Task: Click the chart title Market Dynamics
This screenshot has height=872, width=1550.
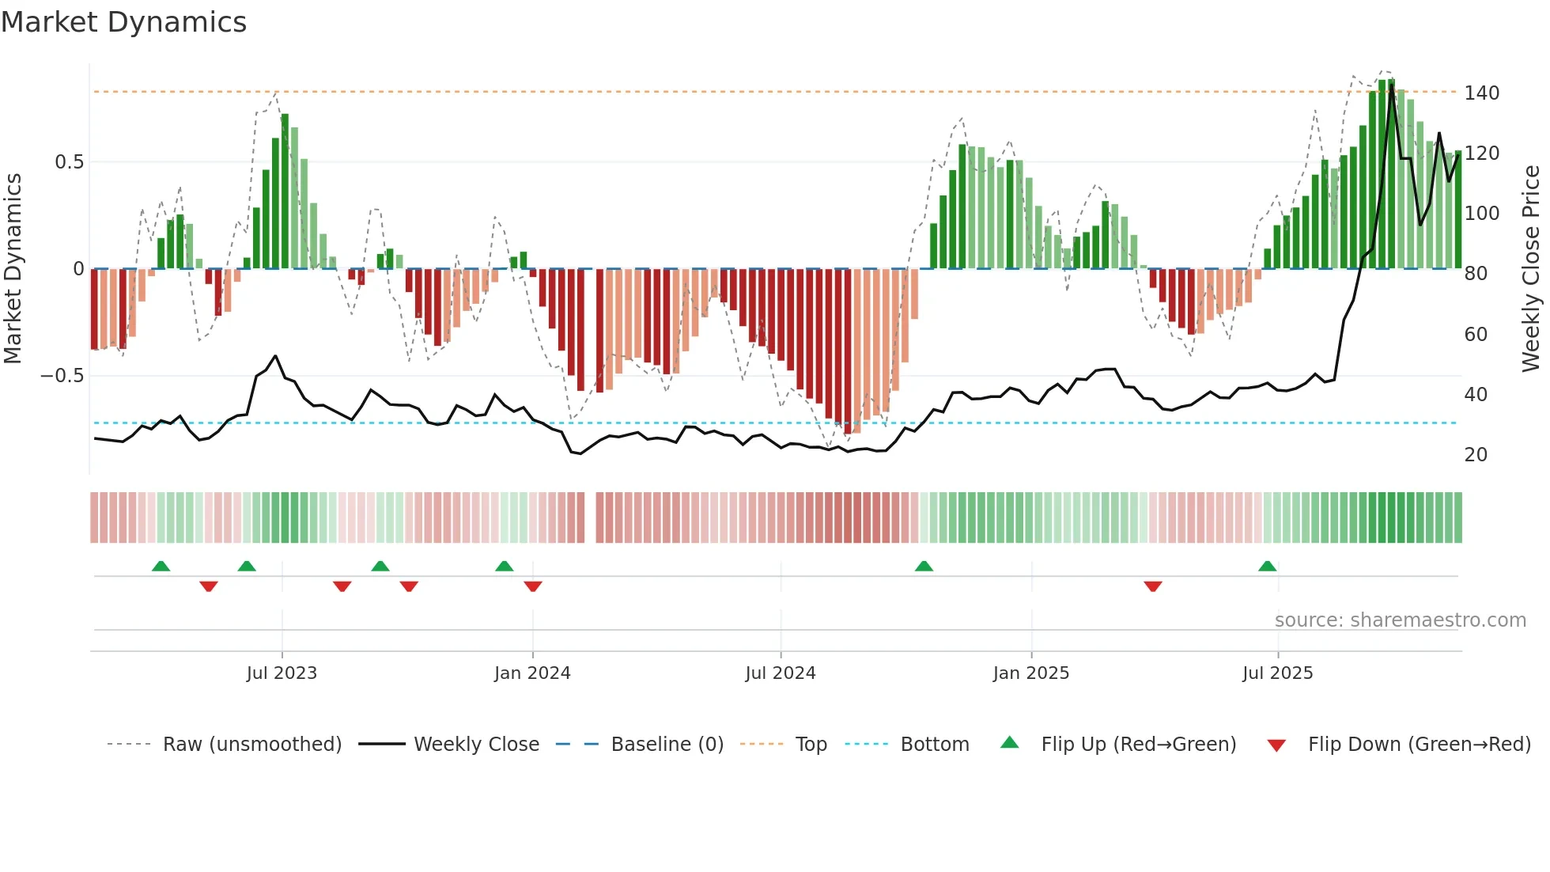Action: pyautogui.click(x=124, y=22)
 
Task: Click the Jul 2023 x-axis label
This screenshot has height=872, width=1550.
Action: pyautogui.click(x=282, y=673)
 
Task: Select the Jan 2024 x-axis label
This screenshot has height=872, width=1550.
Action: pyautogui.click(x=532, y=673)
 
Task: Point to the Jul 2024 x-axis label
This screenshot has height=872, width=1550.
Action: pyautogui.click(x=781, y=673)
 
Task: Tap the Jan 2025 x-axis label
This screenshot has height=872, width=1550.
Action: pyautogui.click(x=1031, y=673)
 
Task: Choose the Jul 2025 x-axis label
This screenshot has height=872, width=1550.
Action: pyautogui.click(x=1278, y=673)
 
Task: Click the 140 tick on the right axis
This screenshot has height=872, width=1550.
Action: pyautogui.click(x=1481, y=93)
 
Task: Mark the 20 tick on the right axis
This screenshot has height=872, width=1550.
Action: pyautogui.click(x=1476, y=455)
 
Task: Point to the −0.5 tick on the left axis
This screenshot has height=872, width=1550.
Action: pyautogui.click(x=62, y=376)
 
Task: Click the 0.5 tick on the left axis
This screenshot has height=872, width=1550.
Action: pyautogui.click(x=69, y=162)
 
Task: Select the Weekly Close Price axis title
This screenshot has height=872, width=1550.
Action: pyautogui.click(x=1531, y=269)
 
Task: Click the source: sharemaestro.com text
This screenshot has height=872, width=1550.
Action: pyautogui.click(x=1400, y=620)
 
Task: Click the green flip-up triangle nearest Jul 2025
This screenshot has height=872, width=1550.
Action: pyautogui.click(x=1268, y=566)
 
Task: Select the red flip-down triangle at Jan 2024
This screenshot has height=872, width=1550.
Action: pyautogui.click(x=533, y=586)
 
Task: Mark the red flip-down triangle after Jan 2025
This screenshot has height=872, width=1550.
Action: pyautogui.click(x=1153, y=586)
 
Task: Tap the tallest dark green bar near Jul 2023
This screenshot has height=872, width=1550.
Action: pyautogui.click(x=285, y=190)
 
